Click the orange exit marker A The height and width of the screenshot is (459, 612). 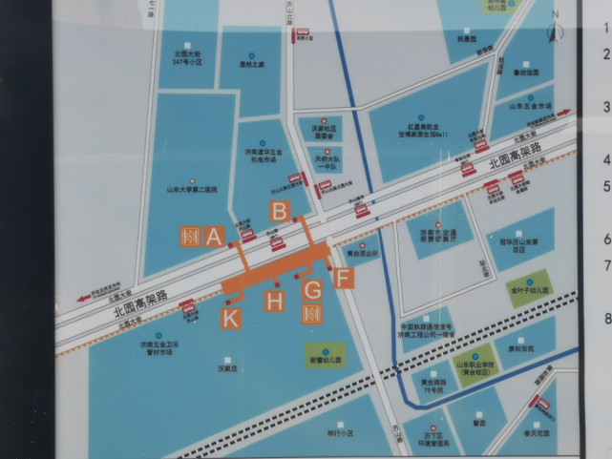(214, 236)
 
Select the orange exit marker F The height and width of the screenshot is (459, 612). (345, 279)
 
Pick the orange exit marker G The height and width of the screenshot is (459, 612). (312, 289)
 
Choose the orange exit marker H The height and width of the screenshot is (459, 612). (275, 303)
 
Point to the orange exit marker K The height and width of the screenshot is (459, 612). (231, 319)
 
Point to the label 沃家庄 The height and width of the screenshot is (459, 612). (226, 366)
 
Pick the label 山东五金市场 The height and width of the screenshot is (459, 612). (532, 105)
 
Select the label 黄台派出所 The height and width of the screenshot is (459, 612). (363, 254)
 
